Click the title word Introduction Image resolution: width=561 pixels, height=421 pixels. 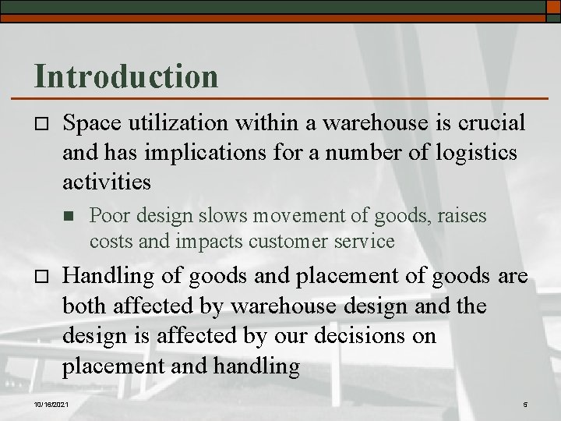[x=126, y=76]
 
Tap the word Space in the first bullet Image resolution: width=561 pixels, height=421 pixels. [x=91, y=122]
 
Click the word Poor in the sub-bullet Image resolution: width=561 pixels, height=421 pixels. [x=108, y=215]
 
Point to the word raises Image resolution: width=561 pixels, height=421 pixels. [x=460, y=215]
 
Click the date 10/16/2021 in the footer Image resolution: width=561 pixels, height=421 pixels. [x=52, y=404]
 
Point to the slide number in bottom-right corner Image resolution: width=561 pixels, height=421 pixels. [x=525, y=404]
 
